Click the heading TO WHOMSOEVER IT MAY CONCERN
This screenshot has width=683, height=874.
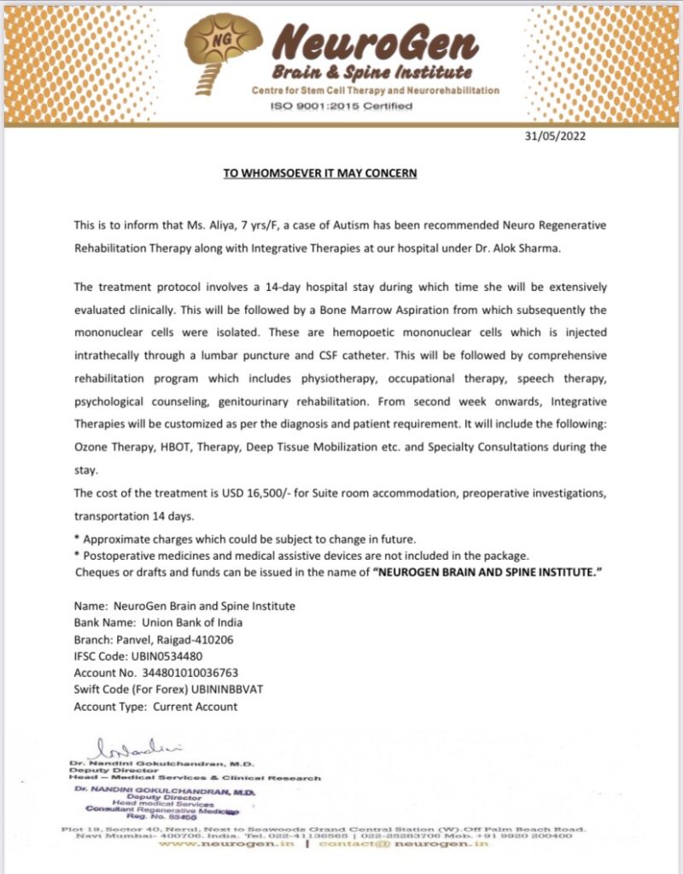320,173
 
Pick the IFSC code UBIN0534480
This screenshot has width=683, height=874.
172,656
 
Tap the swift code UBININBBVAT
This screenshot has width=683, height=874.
240,690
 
